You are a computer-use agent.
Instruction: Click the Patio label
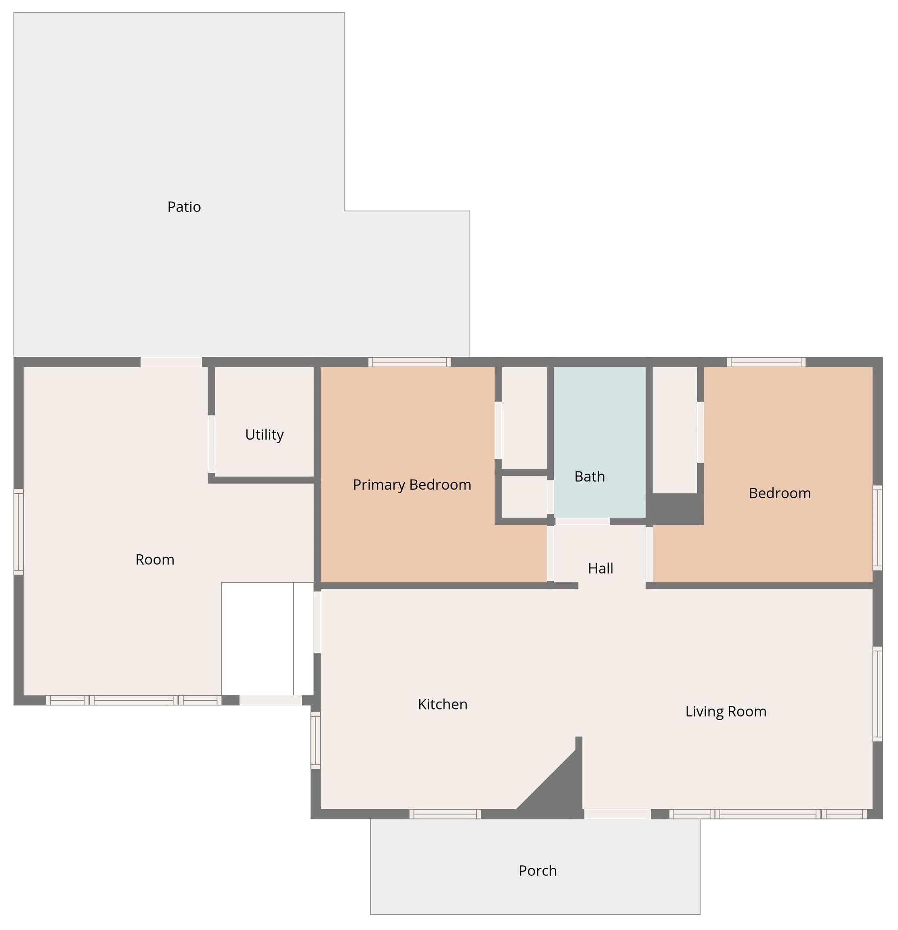(x=184, y=207)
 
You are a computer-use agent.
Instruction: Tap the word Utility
(x=264, y=435)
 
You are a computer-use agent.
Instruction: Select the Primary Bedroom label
(x=412, y=484)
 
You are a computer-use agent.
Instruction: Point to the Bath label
(x=589, y=476)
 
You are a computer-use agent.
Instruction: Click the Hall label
(x=600, y=568)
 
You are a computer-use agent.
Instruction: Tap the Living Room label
(x=725, y=711)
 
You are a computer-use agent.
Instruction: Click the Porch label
(x=537, y=871)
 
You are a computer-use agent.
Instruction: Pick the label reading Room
(x=155, y=559)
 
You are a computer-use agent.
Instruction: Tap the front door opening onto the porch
(x=617, y=814)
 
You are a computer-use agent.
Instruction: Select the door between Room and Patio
(x=171, y=362)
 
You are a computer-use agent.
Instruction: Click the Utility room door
(x=211, y=444)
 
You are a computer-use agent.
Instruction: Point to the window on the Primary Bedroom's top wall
(x=409, y=362)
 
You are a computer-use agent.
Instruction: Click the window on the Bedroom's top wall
(x=766, y=362)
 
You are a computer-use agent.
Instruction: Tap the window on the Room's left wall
(x=19, y=532)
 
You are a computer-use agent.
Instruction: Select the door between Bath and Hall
(x=582, y=521)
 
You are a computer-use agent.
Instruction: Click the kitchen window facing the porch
(x=445, y=814)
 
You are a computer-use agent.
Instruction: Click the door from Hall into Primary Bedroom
(x=550, y=553)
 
